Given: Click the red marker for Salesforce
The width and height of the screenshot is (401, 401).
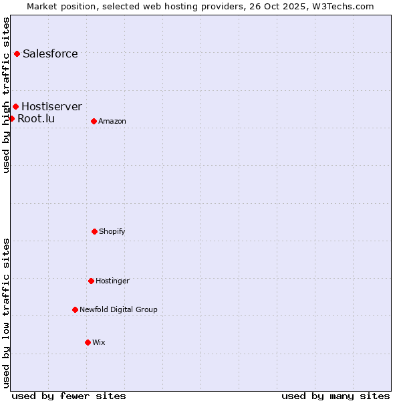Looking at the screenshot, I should tap(17, 53).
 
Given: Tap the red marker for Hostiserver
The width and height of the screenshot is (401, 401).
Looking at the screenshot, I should tap(15, 106).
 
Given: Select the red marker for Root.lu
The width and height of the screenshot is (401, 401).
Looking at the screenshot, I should tap(11, 118).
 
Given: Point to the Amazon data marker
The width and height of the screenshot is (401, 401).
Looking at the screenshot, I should tap(94, 121).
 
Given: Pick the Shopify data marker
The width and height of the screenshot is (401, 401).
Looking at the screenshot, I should tap(94, 231).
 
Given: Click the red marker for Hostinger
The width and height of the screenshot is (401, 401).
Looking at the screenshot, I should tap(91, 281).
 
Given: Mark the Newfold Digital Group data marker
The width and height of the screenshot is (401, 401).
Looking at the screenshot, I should tap(75, 309).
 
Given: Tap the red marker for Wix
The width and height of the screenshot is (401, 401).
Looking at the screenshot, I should tap(88, 342).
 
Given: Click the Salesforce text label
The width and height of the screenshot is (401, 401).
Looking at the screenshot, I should tap(50, 53).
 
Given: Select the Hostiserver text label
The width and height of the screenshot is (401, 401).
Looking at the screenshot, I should tap(51, 106).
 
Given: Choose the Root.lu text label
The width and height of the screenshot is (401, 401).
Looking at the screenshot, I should tap(36, 118).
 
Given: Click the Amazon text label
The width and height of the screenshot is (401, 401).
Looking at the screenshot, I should tap(112, 121).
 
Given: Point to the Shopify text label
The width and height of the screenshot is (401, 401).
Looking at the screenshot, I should tap(112, 231).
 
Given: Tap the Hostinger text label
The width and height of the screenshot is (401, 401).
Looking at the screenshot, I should tap(112, 281).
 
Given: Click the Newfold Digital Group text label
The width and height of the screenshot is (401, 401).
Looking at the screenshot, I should tap(118, 309).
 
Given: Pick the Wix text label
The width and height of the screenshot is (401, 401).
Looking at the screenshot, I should tap(99, 342).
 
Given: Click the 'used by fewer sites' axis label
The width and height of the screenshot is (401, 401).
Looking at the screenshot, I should tap(69, 396).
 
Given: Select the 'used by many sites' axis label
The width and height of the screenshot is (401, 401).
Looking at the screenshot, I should tap(336, 396).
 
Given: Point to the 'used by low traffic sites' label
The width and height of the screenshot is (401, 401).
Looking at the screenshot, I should tap(6, 313).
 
